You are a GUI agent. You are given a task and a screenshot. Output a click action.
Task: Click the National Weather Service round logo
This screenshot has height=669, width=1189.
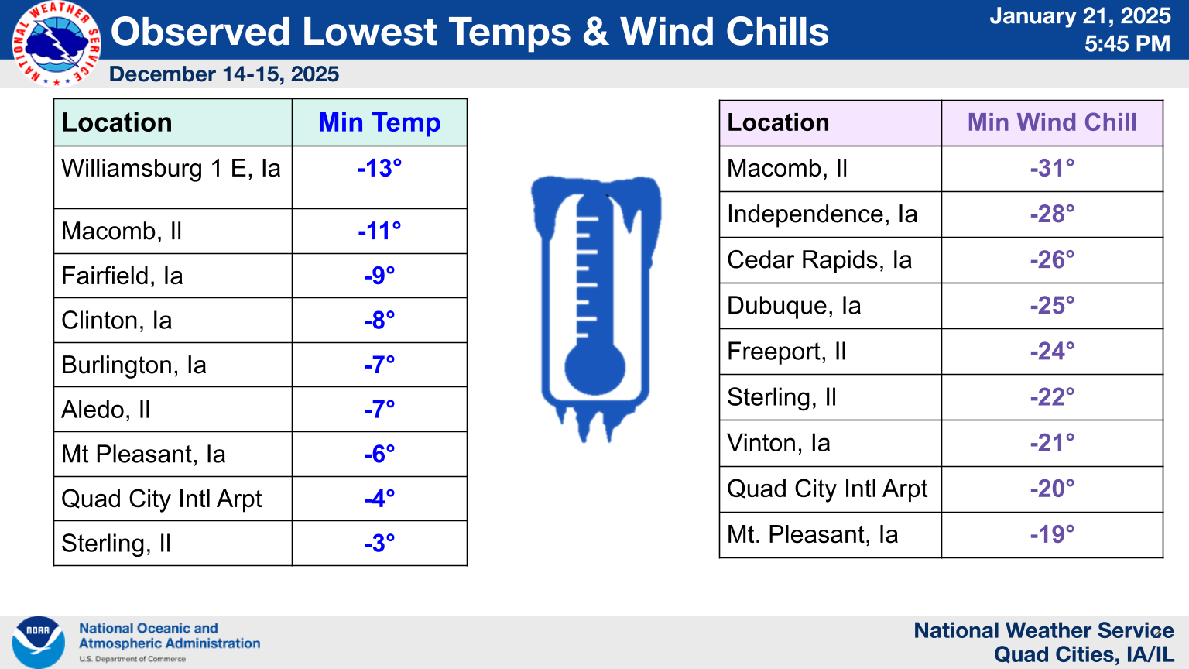(x=57, y=43)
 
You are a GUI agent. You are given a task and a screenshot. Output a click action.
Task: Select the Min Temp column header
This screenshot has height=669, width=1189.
(x=379, y=122)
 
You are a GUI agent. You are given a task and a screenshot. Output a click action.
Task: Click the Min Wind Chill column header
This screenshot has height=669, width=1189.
(x=1052, y=122)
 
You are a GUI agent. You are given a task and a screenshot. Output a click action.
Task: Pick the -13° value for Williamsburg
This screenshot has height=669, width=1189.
(x=379, y=168)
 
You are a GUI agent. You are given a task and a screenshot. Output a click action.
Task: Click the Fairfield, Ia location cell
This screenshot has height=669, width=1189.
(x=122, y=276)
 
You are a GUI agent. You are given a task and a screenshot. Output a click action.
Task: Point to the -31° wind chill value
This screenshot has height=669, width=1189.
(x=1052, y=168)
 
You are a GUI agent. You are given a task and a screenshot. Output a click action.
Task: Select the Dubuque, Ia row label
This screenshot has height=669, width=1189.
(x=793, y=306)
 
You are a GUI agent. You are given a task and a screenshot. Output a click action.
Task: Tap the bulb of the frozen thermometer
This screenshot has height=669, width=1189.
(x=594, y=368)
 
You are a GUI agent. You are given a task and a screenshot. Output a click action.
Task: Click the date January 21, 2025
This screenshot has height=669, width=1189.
(x=1080, y=16)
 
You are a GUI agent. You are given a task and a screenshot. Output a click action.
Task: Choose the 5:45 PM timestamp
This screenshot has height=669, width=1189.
(x=1127, y=43)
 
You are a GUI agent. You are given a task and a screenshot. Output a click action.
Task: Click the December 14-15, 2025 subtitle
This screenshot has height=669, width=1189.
(x=224, y=74)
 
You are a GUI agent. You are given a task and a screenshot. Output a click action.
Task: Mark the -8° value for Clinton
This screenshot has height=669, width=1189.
(x=379, y=320)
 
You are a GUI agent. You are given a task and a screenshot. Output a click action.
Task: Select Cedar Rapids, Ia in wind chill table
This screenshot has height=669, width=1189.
(x=819, y=260)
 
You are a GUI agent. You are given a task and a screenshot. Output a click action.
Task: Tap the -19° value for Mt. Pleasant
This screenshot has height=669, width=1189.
(x=1052, y=534)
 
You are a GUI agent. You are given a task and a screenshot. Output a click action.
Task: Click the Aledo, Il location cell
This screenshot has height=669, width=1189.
(x=105, y=410)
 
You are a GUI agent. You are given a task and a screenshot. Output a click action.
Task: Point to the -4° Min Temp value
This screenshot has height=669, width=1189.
(x=379, y=499)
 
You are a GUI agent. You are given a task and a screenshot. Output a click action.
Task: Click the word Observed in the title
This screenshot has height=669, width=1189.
(x=200, y=32)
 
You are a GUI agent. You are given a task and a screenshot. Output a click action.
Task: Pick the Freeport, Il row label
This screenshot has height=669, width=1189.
(x=786, y=352)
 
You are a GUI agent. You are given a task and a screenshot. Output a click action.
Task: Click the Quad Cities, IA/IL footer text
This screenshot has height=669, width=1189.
(x=1084, y=654)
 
